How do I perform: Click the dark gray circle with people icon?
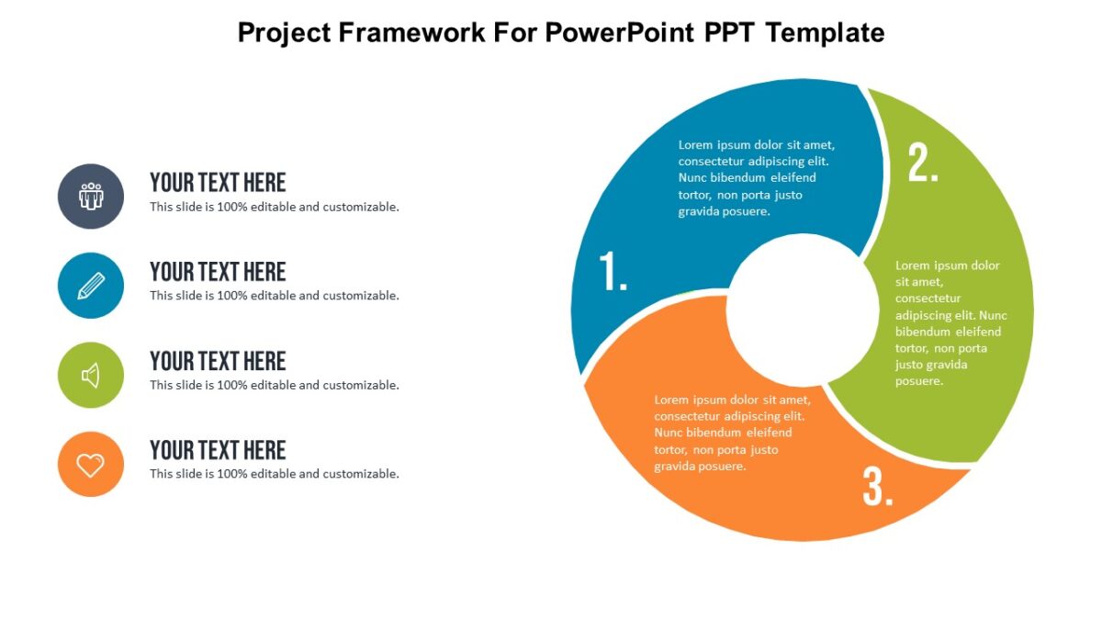(x=91, y=197)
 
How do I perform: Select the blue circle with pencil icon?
(x=91, y=286)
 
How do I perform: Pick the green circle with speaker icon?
(x=91, y=375)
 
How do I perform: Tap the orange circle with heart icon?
(x=91, y=465)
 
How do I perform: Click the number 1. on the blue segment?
(x=613, y=272)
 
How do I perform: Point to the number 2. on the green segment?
(x=923, y=163)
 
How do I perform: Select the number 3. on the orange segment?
(x=878, y=487)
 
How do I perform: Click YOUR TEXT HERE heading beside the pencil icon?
(x=218, y=272)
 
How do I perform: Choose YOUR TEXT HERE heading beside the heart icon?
(x=218, y=450)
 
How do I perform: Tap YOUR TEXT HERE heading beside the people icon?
(x=218, y=182)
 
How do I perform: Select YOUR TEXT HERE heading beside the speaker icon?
(x=218, y=361)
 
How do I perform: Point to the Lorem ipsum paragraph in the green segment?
(x=950, y=323)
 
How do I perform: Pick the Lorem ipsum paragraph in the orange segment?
(x=732, y=433)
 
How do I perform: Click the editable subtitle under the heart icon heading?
(x=275, y=474)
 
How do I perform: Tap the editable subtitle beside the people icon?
(x=275, y=207)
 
